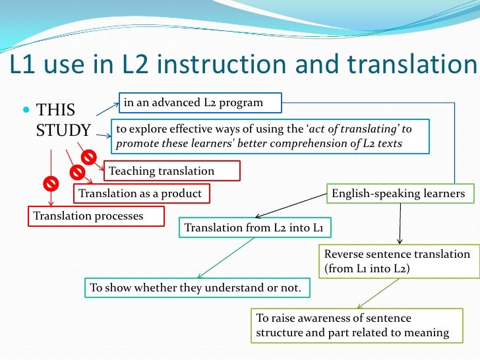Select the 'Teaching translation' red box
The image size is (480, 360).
click(x=171, y=171)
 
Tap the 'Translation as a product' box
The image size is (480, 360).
click(x=140, y=194)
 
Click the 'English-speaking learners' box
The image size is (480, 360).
click(x=398, y=194)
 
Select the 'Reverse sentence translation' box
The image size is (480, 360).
click(x=396, y=261)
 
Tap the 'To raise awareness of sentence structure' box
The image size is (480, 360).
click(x=352, y=326)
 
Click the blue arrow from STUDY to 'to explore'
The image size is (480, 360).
click(x=103, y=136)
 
